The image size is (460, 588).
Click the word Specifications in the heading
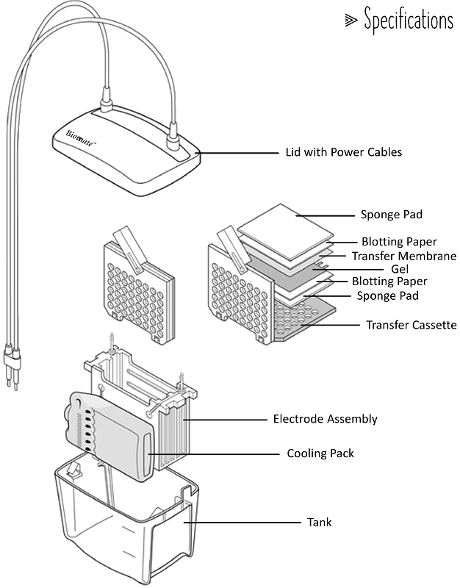pyautogui.click(x=409, y=21)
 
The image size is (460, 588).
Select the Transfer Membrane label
pyautogui.click(x=403, y=256)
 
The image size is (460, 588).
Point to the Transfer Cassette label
pyautogui.click(x=411, y=324)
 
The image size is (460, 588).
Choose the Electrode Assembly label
pyautogui.click(x=325, y=419)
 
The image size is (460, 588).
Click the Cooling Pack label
pyautogui.click(x=320, y=453)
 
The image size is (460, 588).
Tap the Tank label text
pyautogui.click(x=319, y=523)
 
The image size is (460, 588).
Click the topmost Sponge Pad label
pyautogui.click(x=392, y=215)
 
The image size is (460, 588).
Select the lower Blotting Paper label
pyautogui.click(x=389, y=282)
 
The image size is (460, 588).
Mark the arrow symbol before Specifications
pyautogui.click(x=351, y=21)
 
